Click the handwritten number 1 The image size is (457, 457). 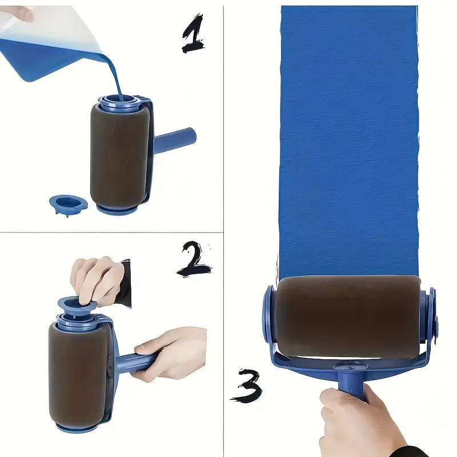(193, 34)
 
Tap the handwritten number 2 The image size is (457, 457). (194, 259)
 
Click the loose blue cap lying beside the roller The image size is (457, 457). (68, 204)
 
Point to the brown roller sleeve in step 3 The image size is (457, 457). (348, 317)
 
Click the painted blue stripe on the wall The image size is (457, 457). (348, 140)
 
